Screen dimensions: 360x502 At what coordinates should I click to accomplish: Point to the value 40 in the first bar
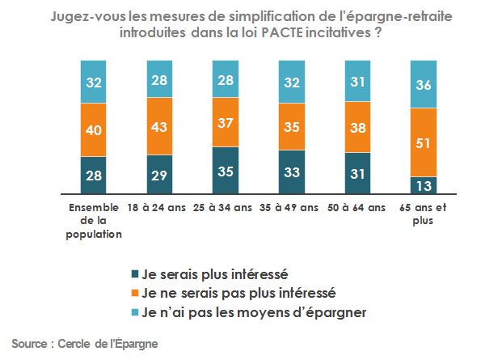94,129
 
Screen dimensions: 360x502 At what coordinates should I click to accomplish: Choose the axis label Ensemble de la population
95,221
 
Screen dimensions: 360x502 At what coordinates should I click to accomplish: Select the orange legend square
134,292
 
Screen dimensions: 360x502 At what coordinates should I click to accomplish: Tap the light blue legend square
134,311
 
